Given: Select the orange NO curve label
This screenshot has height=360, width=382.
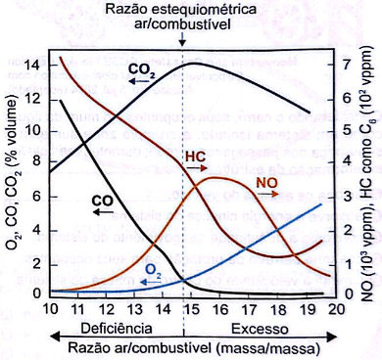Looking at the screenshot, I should point(266,181).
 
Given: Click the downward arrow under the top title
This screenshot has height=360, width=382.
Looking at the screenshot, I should point(183,38).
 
